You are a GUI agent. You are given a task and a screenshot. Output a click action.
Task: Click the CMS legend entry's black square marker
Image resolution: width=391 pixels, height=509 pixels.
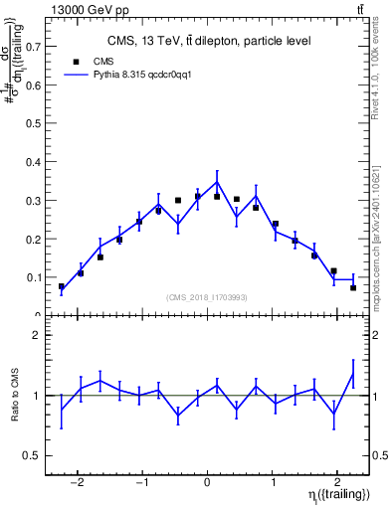[75, 61]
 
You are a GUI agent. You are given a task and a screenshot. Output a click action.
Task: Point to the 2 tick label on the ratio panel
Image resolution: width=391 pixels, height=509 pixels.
[39, 336]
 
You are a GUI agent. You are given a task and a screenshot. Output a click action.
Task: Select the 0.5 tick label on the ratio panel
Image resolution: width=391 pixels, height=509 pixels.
[36, 456]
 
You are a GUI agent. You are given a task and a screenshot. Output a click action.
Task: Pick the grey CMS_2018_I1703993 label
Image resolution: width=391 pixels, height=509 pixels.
[206, 297]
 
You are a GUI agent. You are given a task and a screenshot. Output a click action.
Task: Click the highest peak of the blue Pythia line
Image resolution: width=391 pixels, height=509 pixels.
[217, 181]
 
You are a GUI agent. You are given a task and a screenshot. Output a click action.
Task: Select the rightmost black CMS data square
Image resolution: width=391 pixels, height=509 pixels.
[353, 288]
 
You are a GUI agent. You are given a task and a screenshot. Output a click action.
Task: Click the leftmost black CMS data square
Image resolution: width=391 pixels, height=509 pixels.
[62, 286]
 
